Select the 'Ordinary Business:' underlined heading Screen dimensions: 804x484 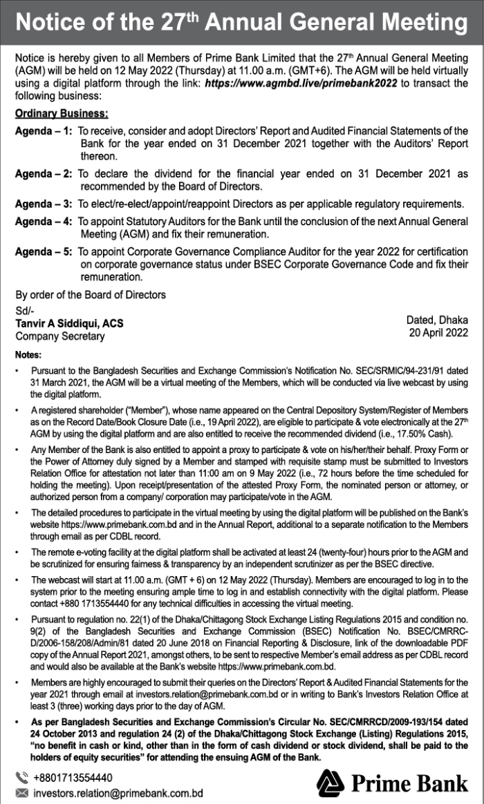coord(62,113)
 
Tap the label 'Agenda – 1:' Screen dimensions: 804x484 coord(44,131)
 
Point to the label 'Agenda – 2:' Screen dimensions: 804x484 coord(44,173)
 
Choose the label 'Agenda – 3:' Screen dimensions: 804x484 coord(44,204)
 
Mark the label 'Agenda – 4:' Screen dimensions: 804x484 coord(44,222)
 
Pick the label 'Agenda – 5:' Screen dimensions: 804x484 coord(44,252)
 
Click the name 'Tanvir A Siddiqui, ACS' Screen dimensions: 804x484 coord(69,323)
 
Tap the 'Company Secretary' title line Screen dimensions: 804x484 coord(60,336)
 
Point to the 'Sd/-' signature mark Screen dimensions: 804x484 coord(25,311)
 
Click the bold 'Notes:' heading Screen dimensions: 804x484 coord(28,354)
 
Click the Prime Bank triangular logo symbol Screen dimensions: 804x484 coord(331,783)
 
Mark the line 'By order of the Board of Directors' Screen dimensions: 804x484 coord(91,295)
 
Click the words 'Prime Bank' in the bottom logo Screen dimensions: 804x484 coord(409,784)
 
